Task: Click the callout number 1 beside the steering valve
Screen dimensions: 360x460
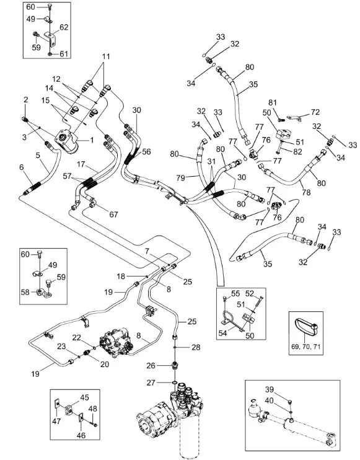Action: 92,140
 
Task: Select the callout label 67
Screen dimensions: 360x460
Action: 113,215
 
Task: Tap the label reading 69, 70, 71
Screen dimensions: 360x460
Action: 306,347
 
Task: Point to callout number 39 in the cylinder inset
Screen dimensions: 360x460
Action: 270,389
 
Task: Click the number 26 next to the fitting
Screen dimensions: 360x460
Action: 151,366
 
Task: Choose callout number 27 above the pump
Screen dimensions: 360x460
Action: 151,383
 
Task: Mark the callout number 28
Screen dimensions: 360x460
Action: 196,347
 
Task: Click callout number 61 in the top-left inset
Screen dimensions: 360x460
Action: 64,54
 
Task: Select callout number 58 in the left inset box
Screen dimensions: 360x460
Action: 25,292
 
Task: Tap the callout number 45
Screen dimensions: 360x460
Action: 84,397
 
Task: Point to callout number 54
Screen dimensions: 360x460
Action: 223,333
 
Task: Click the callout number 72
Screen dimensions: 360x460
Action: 315,112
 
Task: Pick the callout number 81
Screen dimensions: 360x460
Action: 273,103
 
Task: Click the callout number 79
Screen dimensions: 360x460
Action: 180,178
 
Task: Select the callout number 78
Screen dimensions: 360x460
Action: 306,192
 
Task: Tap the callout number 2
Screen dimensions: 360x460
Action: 26,99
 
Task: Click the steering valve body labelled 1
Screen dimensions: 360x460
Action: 68,141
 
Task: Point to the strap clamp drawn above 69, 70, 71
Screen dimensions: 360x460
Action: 305,327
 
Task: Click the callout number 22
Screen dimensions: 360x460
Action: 76,337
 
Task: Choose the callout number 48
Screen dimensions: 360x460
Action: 93,409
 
